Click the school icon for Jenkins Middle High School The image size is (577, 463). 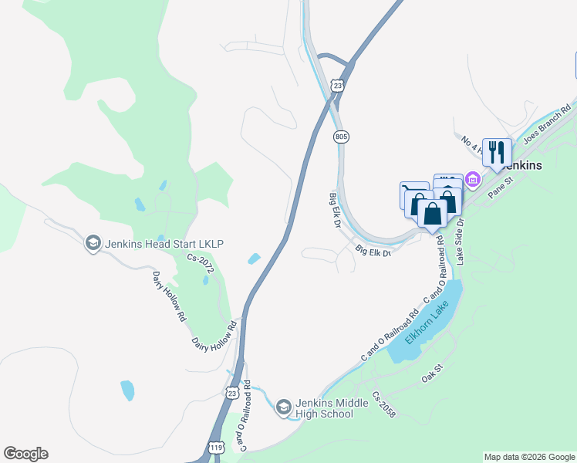(283, 407)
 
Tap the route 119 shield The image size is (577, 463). (216, 448)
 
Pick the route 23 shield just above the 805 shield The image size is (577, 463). (337, 85)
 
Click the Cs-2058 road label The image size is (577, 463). (383, 406)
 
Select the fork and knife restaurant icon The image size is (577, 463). (497, 150)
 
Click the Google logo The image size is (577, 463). (25, 454)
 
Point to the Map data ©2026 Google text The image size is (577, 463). (529, 457)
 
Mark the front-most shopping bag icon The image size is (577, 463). (433, 213)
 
